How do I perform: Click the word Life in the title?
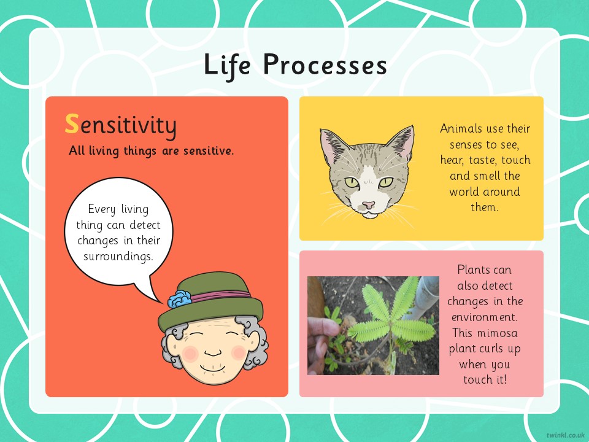tap(227, 64)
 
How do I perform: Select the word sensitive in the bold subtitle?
tap(209, 151)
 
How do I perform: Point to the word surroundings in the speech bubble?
tap(118, 257)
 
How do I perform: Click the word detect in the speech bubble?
tap(145, 225)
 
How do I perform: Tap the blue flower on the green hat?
tap(179, 300)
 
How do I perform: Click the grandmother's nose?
tap(213, 353)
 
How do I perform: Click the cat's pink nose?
tap(369, 205)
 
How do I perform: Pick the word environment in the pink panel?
tap(484, 317)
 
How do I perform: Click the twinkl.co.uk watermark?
tap(565, 435)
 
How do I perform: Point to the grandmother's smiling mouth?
tap(213, 369)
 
